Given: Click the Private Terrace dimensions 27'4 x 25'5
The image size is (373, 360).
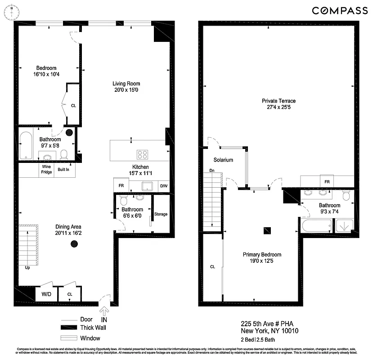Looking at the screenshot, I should pyautogui.click(x=279, y=107).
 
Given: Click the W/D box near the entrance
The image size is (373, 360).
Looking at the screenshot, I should pyautogui.click(x=46, y=294).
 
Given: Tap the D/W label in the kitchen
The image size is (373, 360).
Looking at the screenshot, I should pyautogui.click(x=163, y=185).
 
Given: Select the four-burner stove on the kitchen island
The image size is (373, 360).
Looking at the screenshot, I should pyautogui.click(x=143, y=154).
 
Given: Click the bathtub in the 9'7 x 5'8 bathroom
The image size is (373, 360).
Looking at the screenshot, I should pyautogui.click(x=26, y=145).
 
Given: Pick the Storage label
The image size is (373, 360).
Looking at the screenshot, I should pyautogui.click(x=161, y=214).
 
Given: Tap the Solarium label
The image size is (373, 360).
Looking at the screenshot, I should pyautogui.click(x=223, y=160).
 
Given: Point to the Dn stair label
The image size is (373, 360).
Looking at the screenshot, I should pyautogui.click(x=211, y=171).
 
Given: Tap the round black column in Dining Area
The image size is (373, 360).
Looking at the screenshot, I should pyautogui.click(x=73, y=244).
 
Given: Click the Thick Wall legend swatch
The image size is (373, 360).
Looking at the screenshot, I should pyautogui.click(x=70, y=328).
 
